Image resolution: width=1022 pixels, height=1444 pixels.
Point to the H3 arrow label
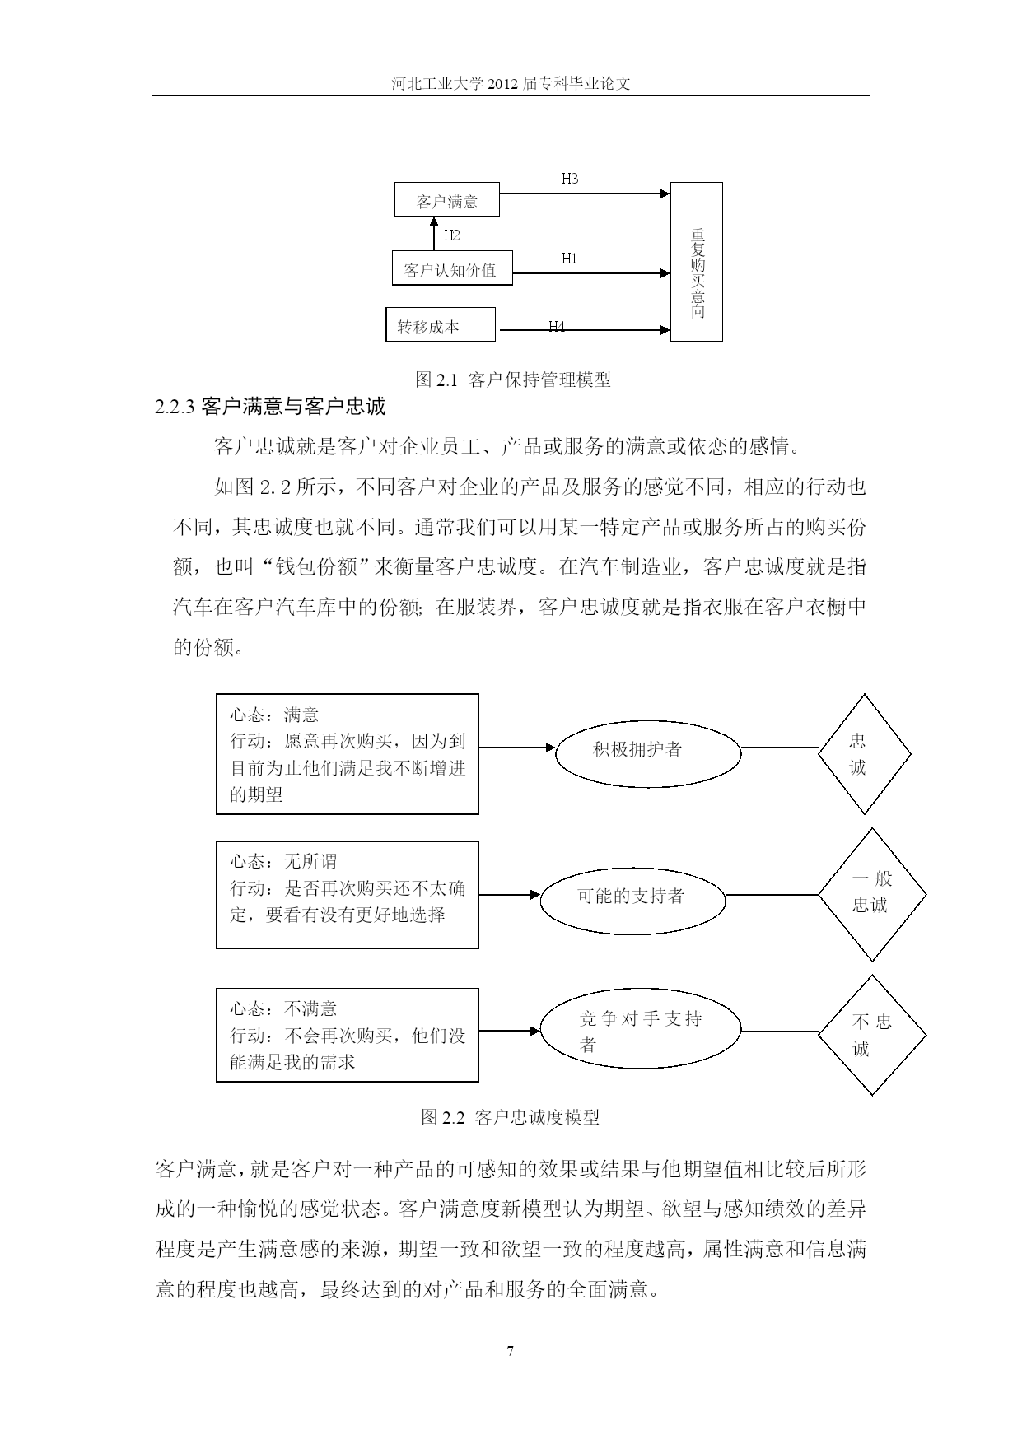[570, 178]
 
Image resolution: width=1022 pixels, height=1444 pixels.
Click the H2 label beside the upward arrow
[452, 235]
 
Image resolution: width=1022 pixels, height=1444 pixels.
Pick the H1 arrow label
[570, 259]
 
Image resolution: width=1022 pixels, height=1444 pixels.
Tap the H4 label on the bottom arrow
[557, 327]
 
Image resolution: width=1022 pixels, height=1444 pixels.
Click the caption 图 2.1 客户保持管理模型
[513, 380]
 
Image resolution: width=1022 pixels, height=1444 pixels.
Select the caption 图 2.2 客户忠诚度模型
[511, 1117]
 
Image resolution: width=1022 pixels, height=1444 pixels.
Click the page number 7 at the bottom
[511, 1351]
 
